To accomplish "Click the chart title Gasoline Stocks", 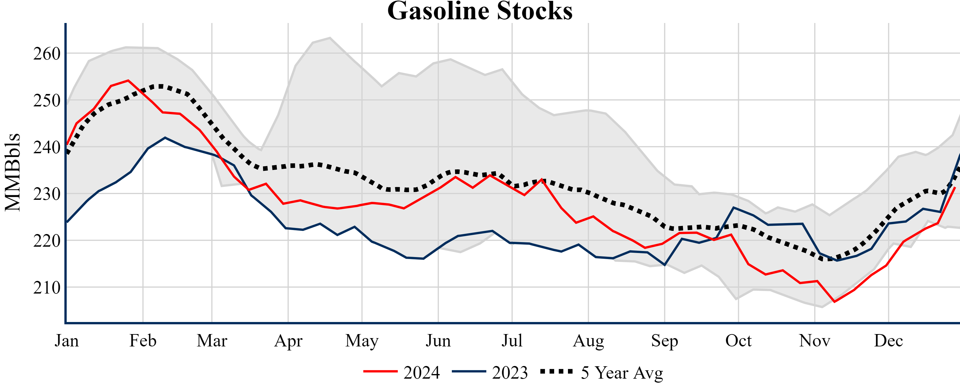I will (x=480, y=11).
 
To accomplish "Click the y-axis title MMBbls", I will (x=13, y=172).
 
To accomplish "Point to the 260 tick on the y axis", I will (x=47, y=54).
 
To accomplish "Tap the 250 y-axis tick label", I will (x=47, y=101).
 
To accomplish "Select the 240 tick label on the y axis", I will (x=47, y=147).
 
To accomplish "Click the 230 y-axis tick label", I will (x=47, y=194).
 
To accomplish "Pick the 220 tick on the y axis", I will (x=47, y=241).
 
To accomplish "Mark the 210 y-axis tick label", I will (x=47, y=288).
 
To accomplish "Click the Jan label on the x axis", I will (x=67, y=341).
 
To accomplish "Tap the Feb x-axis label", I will (x=143, y=341).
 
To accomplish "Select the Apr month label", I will (x=288, y=341).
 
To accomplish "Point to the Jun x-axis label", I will (x=438, y=341).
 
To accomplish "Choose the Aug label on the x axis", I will (x=588, y=341).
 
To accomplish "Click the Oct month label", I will (x=738, y=341).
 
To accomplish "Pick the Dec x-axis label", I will (x=888, y=341).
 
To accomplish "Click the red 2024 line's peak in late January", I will (x=128, y=80).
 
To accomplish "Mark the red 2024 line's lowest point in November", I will (x=834, y=302).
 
